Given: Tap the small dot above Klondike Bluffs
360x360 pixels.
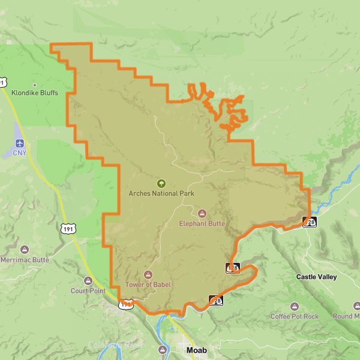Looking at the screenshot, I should click(35, 85).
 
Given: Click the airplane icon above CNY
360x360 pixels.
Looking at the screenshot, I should click(20, 144).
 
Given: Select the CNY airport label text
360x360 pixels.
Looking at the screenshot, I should click(20, 154).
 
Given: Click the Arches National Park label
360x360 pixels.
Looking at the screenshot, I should click(161, 193).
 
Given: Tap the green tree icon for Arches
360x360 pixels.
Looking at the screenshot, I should click(161, 184).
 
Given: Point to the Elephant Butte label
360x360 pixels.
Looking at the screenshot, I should click(202, 224).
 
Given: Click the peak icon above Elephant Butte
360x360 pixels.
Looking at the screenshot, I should click(202, 214).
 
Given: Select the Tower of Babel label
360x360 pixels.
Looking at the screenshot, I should click(148, 284).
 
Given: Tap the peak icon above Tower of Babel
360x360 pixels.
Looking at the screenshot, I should click(148, 274).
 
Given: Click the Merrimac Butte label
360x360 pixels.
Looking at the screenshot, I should click(24, 260).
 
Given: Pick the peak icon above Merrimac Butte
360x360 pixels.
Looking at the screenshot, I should click(25, 250).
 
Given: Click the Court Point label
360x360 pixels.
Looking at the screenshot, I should click(88, 291).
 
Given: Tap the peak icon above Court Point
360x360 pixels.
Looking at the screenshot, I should click(89, 281).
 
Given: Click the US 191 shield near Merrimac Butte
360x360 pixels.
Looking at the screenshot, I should click(68, 228).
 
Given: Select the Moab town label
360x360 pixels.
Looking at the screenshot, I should click(197, 350).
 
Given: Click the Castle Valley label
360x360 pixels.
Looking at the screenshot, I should click(316, 277).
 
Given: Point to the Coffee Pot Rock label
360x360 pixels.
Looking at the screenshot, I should click(295, 316).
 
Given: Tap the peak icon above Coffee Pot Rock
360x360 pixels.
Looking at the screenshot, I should click(295, 306).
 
